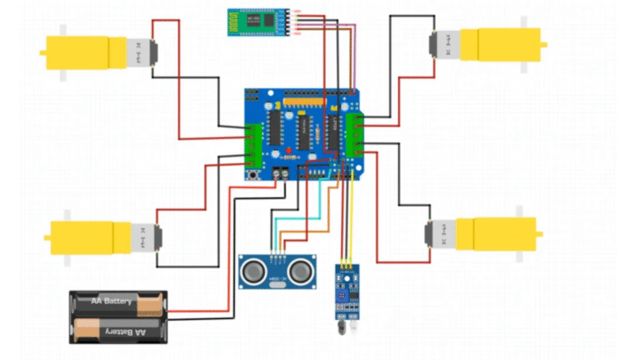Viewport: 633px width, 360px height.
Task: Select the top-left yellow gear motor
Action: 95,53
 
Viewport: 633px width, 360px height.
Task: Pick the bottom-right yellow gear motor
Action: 483,235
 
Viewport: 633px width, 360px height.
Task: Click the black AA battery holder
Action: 119,316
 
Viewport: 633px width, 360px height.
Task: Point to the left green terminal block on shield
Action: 254,140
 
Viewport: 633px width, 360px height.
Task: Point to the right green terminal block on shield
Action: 360,135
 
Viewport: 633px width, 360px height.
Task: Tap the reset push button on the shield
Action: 255,173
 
